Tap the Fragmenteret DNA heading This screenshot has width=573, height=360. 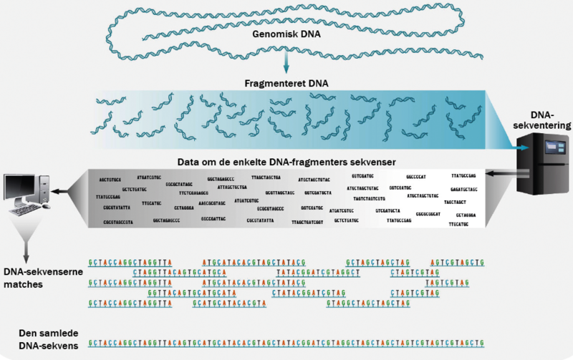(286, 83)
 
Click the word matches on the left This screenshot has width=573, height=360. (22, 284)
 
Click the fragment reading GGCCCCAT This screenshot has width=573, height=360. (416, 175)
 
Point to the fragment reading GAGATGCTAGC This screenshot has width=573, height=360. (465, 189)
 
